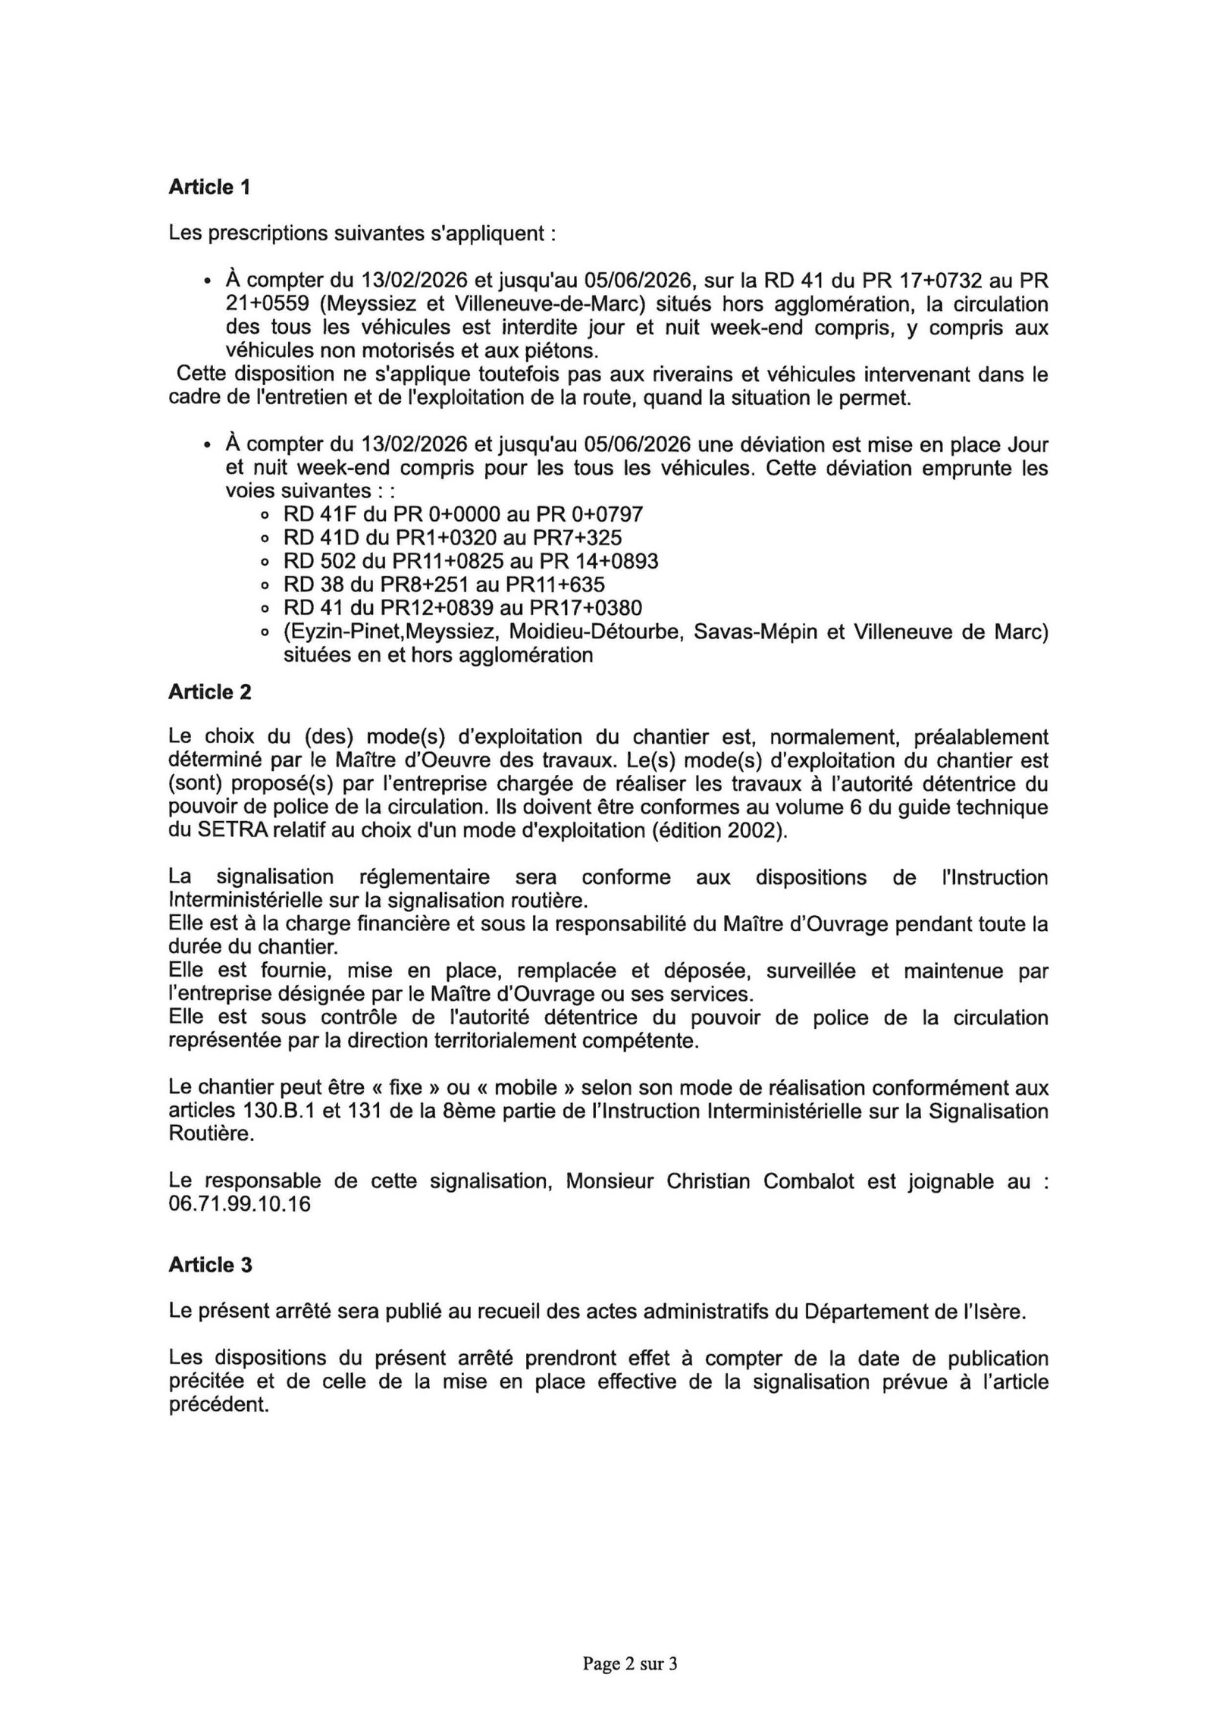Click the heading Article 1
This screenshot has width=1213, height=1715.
[209, 187]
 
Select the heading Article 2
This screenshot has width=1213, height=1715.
[210, 691]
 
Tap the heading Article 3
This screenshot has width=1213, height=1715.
[210, 1265]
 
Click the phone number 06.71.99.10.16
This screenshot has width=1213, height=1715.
[240, 1204]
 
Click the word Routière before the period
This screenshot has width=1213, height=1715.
[208, 1134]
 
